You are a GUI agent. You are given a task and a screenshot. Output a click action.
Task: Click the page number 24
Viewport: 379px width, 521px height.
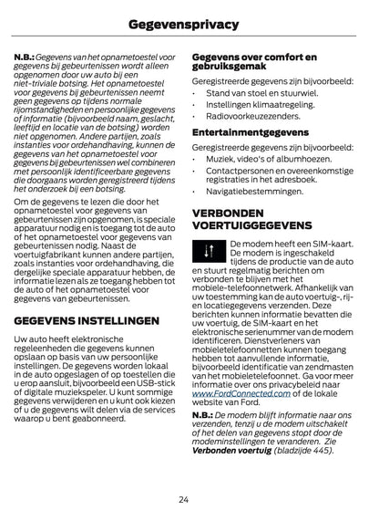pos(184,498)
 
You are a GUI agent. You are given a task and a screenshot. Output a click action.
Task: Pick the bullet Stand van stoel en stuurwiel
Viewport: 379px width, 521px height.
pos(254,93)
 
